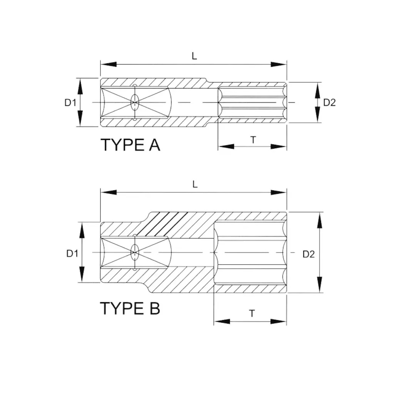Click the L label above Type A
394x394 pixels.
pos(194,56)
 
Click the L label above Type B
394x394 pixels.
pos(195,185)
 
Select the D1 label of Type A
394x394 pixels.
pos(70,102)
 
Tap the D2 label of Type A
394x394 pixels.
pos(329,102)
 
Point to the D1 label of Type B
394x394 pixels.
pos(72,254)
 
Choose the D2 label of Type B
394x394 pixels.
pos(309,254)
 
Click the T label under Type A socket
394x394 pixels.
pos(253,140)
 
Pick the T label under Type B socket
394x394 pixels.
pos(252,313)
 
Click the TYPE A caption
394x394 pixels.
pos(130,145)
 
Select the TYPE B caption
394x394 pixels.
pos(130,308)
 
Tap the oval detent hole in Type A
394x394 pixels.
pos(135,102)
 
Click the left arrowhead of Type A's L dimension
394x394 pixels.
pos(108,64)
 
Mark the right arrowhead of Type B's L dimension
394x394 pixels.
pos(279,193)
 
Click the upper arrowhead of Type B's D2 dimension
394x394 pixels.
pos(319,220)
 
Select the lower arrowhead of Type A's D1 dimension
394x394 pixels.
pos(80,119)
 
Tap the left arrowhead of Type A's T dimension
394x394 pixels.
pos(226,147)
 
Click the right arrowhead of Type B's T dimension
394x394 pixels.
pos(279,321)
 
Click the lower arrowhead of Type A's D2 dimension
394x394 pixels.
pos(317,115)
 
